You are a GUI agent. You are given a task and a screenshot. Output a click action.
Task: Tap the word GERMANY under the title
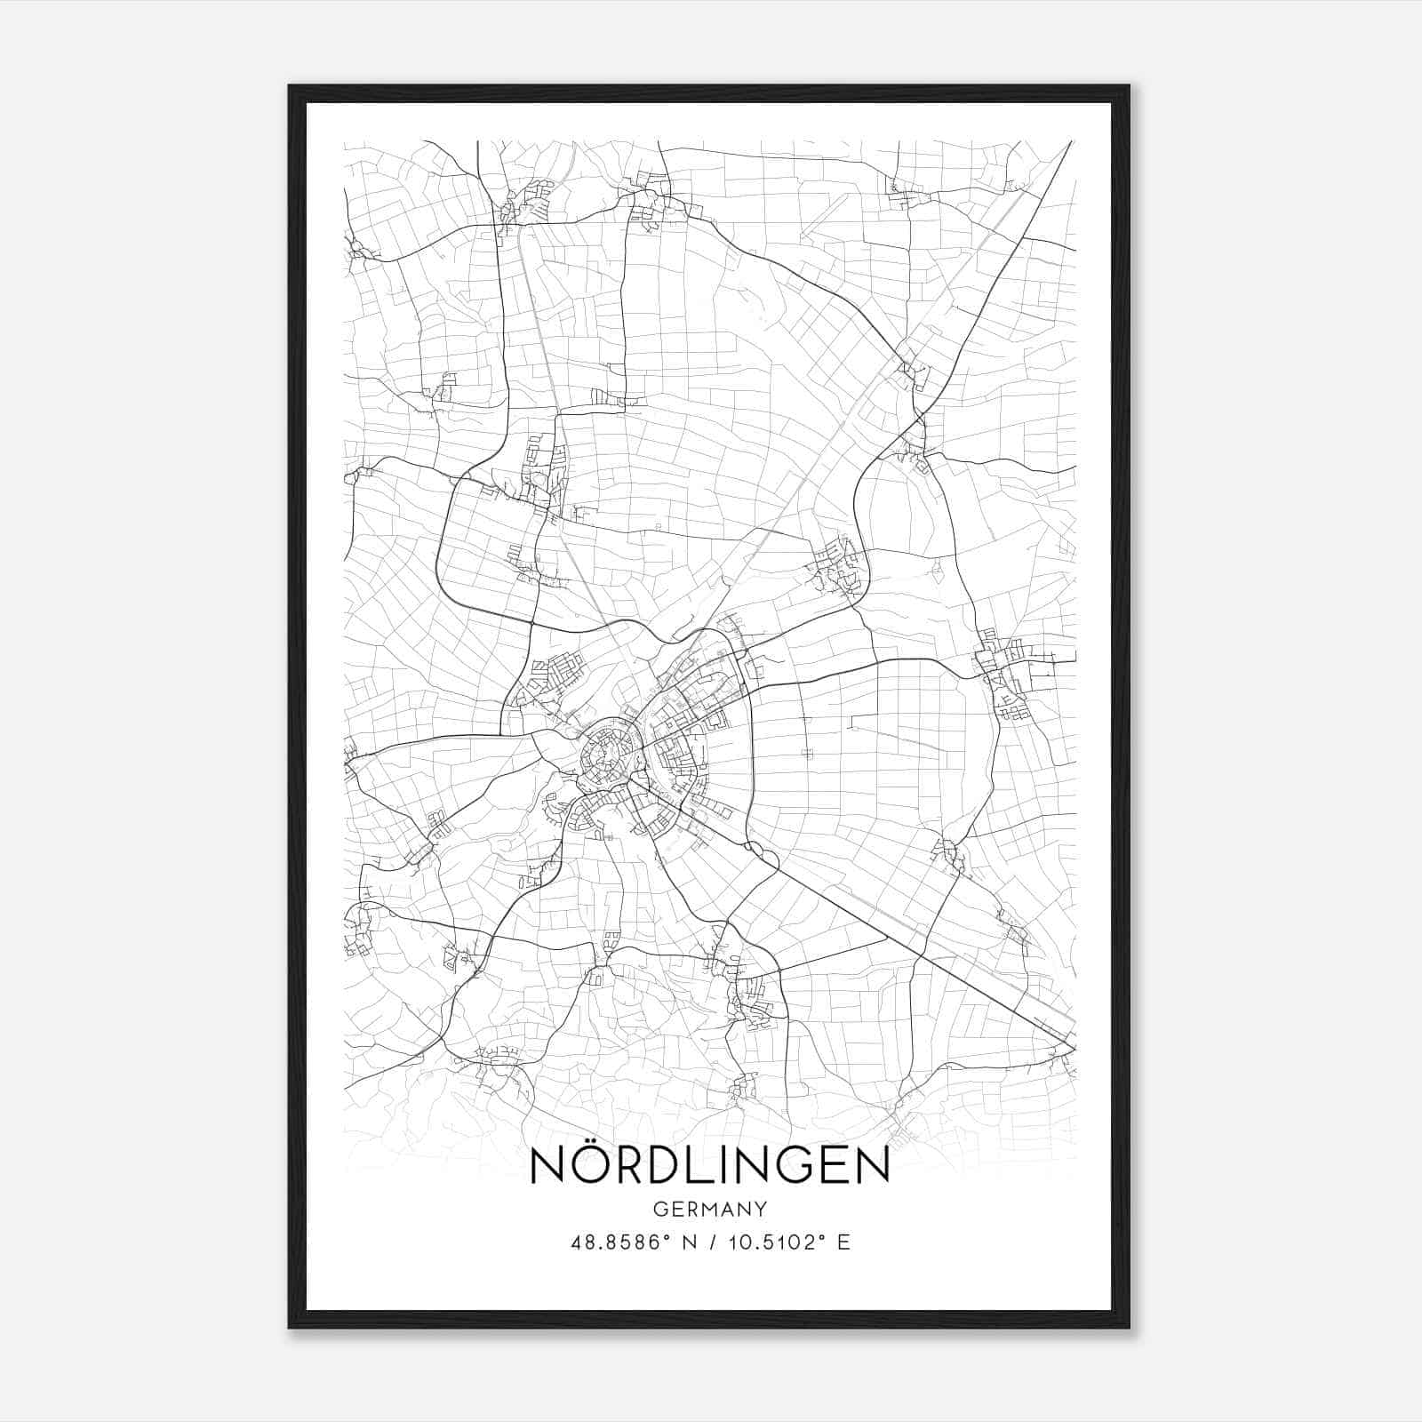point(710,1209)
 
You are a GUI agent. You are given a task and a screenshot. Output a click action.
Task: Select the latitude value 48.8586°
point(618,1242)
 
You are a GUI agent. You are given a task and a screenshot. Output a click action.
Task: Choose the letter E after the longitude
point(843,1242)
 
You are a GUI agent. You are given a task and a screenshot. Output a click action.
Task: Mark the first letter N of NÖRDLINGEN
point(547,1166)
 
